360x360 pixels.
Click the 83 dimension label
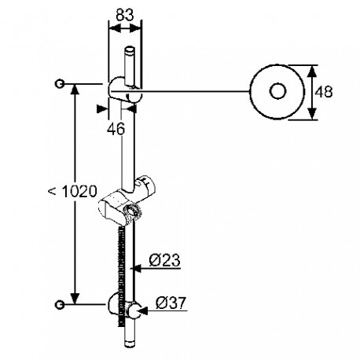125,15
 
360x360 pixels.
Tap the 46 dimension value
116,129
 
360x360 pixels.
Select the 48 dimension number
324,92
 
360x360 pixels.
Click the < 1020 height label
72,191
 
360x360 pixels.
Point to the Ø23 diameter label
165,260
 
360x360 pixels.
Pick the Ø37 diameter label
171,303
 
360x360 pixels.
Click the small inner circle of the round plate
277,91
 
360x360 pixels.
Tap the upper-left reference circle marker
60,84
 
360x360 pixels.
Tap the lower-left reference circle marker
60,305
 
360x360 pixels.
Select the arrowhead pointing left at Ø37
142,310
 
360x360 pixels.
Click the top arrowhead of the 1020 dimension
75,90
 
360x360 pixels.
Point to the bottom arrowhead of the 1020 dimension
75,299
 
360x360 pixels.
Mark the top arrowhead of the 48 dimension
311,71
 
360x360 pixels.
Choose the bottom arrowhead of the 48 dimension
311,114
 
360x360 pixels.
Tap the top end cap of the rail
130,50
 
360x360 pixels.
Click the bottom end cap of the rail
130,343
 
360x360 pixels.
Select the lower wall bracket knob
134,310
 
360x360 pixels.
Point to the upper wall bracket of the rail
125,90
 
